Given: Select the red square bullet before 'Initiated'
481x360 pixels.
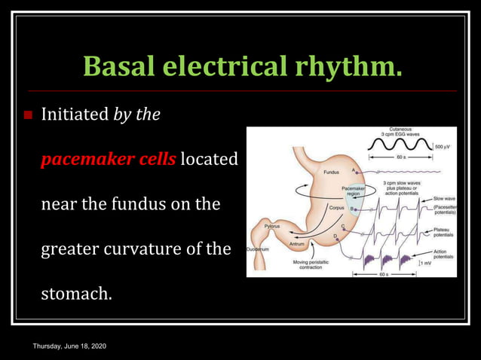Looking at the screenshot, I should coord(29,116).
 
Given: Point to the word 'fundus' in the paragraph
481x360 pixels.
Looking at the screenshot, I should coord(146,204).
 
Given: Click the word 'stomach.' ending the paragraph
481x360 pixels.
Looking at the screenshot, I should coord(76,293).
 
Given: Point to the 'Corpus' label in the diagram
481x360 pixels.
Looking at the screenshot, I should coord(336,206).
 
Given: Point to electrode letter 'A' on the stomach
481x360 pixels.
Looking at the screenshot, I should coord(352,169).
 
